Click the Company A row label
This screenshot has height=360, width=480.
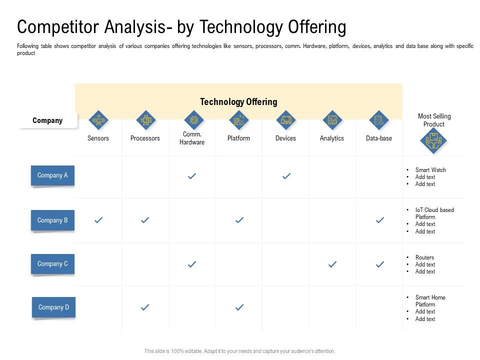coord(52,175)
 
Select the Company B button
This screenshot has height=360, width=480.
coord(52,220)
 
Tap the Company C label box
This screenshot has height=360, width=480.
coord(52,263)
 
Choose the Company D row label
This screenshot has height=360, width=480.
coord(53,307)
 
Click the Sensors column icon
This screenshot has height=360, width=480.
coord(98,120)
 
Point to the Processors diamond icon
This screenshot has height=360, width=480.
coord(145,120)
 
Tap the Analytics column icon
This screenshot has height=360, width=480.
coord(332,120)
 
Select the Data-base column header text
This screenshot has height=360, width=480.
coord(379,138)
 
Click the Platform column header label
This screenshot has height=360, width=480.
coord(238,138)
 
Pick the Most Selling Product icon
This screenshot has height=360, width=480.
coord(433,141)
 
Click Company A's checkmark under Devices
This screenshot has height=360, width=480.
coord(286,176)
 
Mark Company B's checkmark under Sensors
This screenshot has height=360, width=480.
coord(98,220)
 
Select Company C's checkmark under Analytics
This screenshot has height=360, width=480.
coord(332,264)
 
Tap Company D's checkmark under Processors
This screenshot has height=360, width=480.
coord(145,307)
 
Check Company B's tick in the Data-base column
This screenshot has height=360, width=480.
coord(379,220)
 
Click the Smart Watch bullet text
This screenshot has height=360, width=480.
coord(430,170)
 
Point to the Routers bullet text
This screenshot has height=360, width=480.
coord(424,257)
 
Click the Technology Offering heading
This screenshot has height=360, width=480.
coord(238,102)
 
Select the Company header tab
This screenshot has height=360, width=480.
coord(48,120)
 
